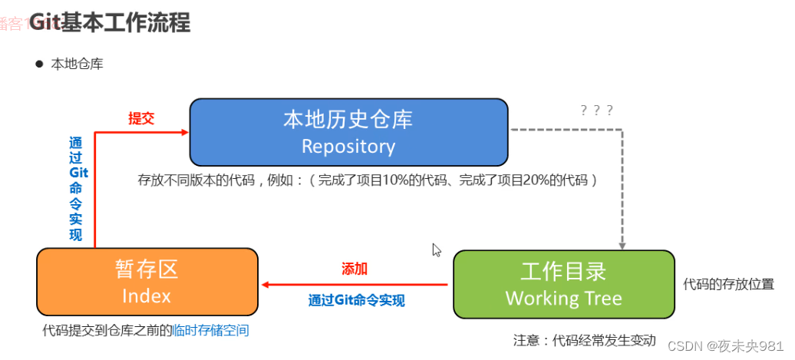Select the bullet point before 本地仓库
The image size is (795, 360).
38,64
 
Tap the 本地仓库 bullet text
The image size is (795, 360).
77,64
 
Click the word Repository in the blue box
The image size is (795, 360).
348,146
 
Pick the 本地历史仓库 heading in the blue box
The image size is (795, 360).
348,120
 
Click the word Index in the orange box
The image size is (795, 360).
146,296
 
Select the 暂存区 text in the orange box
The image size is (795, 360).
146,269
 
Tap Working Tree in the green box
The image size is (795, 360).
563,298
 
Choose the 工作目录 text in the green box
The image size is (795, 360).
563,271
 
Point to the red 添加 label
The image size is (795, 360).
355,269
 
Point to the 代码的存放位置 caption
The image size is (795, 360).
728,283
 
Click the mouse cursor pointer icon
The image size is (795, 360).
437,250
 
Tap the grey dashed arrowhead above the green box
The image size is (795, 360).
622,245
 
